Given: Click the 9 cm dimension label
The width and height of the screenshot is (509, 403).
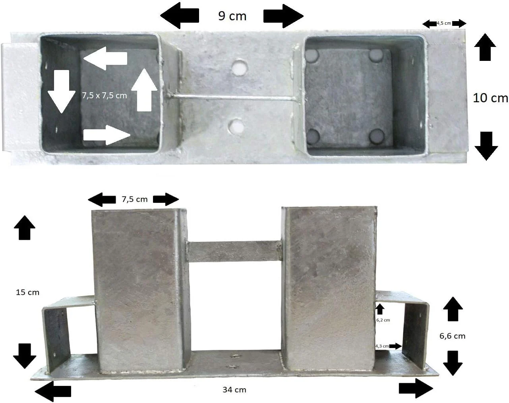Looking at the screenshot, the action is pos(232,16).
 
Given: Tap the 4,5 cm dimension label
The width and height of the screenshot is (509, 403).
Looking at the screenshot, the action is pos(444,23).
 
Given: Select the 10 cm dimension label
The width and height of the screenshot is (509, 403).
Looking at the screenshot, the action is pos(490,98).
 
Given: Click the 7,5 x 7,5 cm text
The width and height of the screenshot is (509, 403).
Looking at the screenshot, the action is pos(105,95).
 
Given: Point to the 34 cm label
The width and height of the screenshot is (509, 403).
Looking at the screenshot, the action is pos(234,389).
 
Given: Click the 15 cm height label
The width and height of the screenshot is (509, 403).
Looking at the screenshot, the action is pos(27,292).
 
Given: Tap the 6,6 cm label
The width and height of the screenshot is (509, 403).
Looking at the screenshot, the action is pos(452,336).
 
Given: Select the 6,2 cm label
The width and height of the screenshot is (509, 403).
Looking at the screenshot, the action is pos(383,320).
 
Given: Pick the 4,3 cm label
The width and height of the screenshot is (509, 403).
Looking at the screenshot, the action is pos(382,346).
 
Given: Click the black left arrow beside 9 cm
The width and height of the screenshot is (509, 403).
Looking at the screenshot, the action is pos(180,16).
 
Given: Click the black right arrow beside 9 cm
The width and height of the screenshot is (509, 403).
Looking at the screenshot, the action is pos(283,16).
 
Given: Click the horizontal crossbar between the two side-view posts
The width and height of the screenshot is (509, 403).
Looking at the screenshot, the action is pos(234,251).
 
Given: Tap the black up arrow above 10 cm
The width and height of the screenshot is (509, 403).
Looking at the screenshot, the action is pos(485,47).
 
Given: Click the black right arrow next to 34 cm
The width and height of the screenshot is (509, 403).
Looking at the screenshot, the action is pos(416,388).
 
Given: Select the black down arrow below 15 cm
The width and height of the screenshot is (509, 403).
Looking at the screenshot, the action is pos(25,356).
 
